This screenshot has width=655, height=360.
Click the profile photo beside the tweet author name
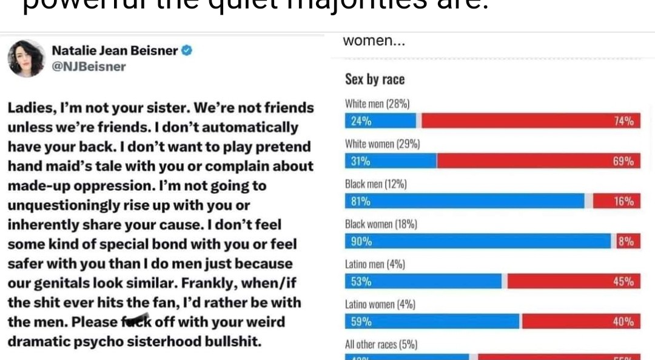pos(26,59)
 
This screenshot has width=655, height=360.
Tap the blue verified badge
pos(187,50)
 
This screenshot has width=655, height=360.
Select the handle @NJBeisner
pos(89,67)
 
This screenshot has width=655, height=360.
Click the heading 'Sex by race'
pos(374,79)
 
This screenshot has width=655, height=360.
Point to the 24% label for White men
pos(361,121)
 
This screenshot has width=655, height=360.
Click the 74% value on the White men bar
pos(623,121)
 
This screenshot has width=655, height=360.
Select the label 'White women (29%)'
pos(382,144)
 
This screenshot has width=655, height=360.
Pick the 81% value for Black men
pos(361,201)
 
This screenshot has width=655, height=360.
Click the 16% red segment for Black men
pos(617,201)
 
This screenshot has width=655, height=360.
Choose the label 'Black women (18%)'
pos(381,224)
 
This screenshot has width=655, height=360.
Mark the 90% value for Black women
pos(361,241)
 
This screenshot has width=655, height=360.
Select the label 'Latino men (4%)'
pos(375,264)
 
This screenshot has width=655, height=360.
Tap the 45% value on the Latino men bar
pos(623,281)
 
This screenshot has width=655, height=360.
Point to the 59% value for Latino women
pos(361,321)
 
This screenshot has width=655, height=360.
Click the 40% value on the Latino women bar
pos(623,321)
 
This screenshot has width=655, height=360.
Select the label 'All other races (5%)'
pos(381,344)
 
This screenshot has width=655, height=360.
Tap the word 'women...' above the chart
pos(374,41)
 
